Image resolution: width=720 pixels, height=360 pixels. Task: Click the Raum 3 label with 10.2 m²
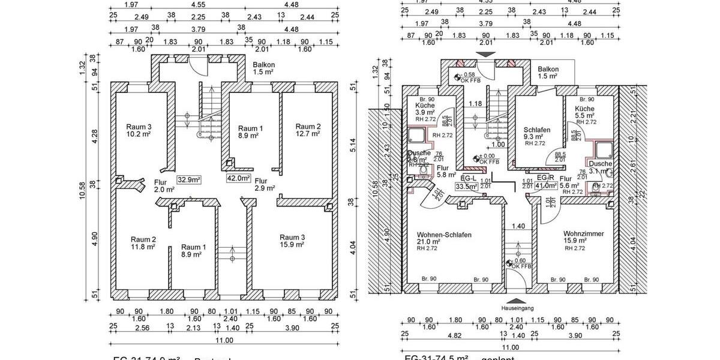[139, 130]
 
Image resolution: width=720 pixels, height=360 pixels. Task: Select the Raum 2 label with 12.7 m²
[308, 130]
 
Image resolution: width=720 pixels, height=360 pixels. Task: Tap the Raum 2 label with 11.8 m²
[143, 243]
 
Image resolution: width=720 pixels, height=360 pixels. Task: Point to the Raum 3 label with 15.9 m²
[292, 241]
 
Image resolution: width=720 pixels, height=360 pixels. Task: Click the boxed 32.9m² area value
[188, 179]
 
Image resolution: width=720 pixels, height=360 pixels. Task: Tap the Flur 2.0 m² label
[164, 186]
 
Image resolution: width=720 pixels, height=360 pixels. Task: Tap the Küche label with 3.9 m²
[425, 109]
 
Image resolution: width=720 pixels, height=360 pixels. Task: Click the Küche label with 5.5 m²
[584, 111]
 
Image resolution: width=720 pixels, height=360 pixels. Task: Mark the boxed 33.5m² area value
[466, 187]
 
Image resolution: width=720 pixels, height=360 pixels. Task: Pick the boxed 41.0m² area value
[545, 186]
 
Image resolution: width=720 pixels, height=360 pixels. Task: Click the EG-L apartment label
[468, 178]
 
